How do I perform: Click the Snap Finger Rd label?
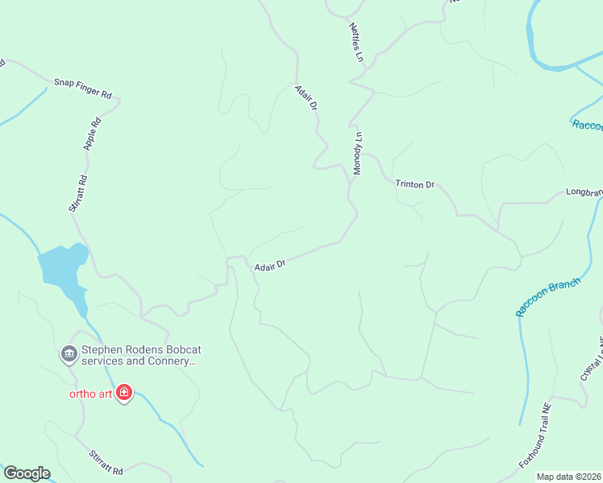click(82, 88)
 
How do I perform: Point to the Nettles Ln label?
click(356, 42)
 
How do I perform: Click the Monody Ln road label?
click(358, 153)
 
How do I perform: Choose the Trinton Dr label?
click(414, 184)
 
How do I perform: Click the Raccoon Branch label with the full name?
click(548, 297)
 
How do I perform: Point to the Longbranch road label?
click(584, 192)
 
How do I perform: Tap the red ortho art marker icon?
click(124, 393)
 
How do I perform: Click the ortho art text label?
click(89, 394)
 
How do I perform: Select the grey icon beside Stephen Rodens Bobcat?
click(69, 353)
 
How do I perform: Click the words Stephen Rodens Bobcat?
click(136, 350)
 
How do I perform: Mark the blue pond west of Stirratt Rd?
click(61, 266)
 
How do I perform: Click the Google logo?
click(27, 473)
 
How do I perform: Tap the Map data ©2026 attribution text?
click(569, 477)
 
